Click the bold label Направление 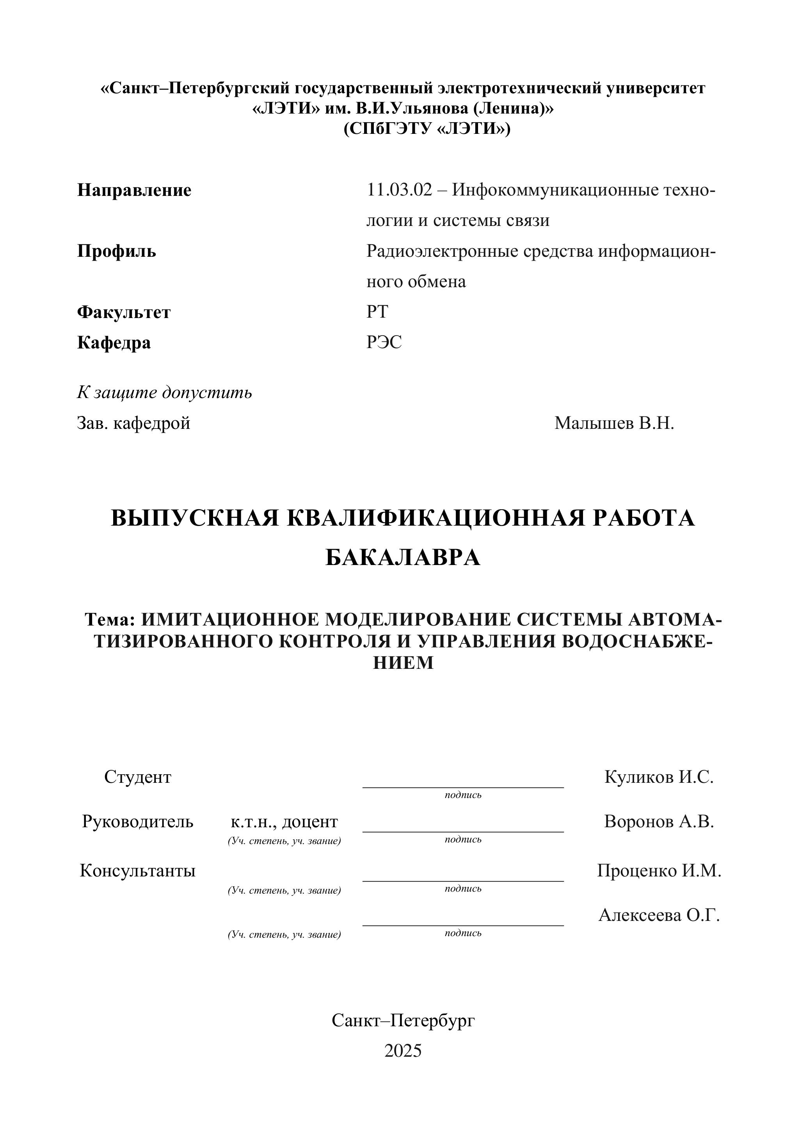134,190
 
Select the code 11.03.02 400,190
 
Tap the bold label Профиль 116,251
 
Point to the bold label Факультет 124,313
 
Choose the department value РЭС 384,342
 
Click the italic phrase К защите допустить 164,393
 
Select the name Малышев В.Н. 614,423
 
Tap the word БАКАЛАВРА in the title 403,558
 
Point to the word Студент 138,777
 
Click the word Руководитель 138,821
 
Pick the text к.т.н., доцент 284,822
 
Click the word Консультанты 138,871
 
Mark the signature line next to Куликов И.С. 463,786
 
